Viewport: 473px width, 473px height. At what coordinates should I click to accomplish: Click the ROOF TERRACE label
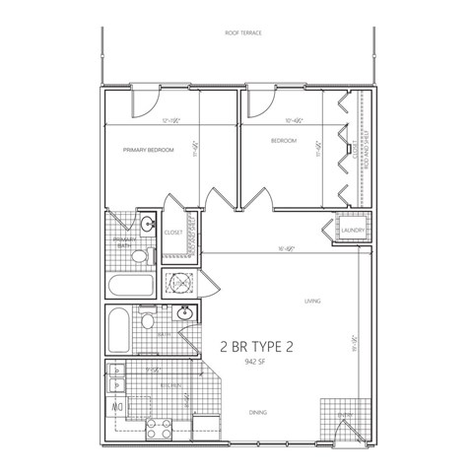point(237,33)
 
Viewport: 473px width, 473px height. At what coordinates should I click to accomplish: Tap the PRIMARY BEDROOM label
point(149,150)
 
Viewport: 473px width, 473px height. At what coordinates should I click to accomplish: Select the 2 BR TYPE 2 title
point(258,346)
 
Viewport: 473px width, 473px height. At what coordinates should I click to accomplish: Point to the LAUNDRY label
point(353,232)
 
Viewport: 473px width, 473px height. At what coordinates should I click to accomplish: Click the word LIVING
point(313,302)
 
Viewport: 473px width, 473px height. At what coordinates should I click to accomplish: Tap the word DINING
point(257,412)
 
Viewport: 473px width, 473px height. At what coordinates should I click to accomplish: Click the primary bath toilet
point(140,256)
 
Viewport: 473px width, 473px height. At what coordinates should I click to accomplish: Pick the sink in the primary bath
point(148,224)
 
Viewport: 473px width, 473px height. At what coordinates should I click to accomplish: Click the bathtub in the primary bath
point(130,286)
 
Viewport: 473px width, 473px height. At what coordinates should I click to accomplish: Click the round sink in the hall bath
point(183,314)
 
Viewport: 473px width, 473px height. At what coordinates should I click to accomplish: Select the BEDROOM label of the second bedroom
point(284,141)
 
